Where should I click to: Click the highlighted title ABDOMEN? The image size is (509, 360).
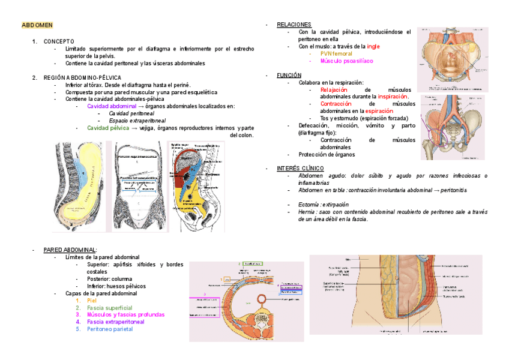point(37,25)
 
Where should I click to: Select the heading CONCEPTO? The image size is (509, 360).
point(59,41)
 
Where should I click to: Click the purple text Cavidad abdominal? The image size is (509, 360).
point(112,106)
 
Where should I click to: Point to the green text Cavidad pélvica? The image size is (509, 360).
point(108,128)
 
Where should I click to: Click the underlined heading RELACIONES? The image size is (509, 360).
point(294,25)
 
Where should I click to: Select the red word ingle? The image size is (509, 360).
point(373,46)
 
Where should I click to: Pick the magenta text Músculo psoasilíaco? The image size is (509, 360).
point(346,61)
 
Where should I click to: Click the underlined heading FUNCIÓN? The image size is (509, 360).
point(289,75)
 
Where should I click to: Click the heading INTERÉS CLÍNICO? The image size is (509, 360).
point(300,168)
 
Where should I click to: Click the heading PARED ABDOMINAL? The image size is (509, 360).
point(70,250)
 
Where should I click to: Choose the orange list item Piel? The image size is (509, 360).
point(91,300)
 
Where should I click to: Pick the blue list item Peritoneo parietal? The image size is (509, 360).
point(110,329)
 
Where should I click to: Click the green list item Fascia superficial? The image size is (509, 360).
point(109,307)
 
